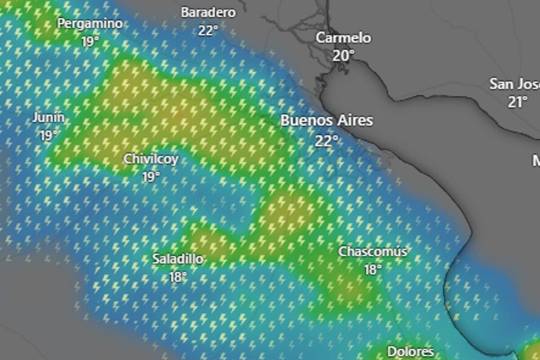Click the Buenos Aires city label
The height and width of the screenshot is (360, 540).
[x=327, y=121]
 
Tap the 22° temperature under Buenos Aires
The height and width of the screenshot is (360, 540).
[x=327, y=141]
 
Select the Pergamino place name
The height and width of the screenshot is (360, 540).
[x=90, y=23]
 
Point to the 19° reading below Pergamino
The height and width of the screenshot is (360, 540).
[x=90, y=42]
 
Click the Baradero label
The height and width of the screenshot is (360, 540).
[x=208, y=13]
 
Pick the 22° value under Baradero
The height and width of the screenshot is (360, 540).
[x=208, y=31]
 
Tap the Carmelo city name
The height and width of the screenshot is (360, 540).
[x=343, y=38]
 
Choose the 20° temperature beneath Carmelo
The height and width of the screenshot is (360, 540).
[x=344, y=56]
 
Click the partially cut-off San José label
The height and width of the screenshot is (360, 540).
[x=514, y=84]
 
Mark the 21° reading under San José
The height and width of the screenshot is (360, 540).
[x=517, y=102]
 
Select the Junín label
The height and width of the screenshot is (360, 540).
[x=48, y=118]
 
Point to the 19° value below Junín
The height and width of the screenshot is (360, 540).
[x=49, y=135]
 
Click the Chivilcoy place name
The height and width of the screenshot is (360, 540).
[x=151, y=159]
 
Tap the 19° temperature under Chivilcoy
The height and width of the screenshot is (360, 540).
[x=151, y=177]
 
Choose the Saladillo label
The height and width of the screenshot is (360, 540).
[x=177, y=259]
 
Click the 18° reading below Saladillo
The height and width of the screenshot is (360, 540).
[x=178, y=277]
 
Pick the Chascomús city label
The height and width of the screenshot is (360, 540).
[x=373, y=252]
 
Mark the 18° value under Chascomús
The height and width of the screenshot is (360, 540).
[x=373, y=270]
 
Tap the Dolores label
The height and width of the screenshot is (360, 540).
[x=410, y=351]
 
